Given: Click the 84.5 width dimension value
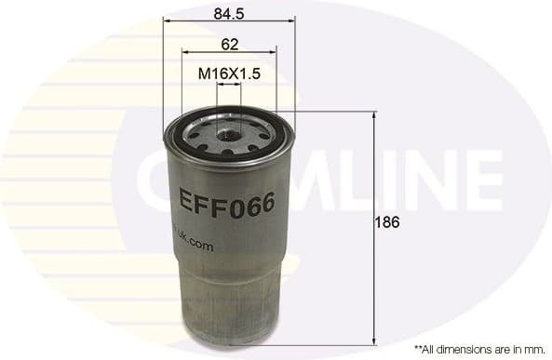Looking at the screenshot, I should (228, 13).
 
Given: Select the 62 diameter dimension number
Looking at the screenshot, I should (230, 44).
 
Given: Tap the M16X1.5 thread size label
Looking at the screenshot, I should (229, 72).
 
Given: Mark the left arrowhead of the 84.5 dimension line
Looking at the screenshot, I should (167, 20).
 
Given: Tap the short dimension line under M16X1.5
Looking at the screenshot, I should (229, 83).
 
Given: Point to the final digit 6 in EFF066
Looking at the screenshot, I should (266, 204).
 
